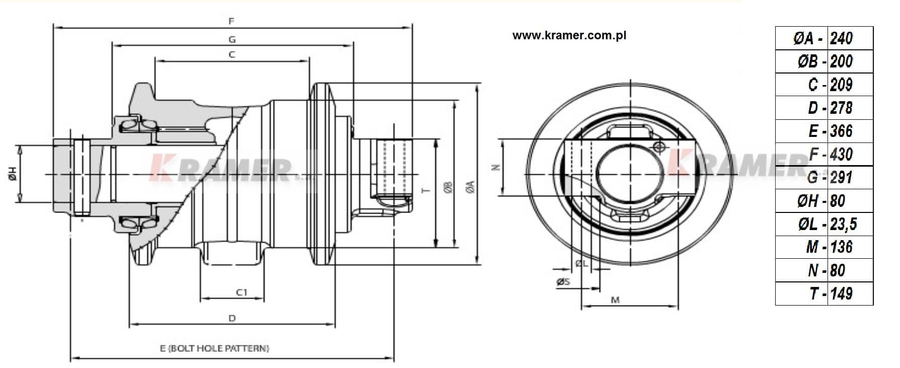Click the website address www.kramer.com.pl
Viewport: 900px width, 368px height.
tap(569, 36)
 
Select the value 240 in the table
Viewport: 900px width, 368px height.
tap(841, 38)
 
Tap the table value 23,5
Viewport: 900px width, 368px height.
tap(843, 224)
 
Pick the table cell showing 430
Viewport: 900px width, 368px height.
tap(841, 154)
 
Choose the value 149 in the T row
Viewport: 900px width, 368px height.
tap(841, 293)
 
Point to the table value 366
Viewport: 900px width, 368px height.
tap(841, 131)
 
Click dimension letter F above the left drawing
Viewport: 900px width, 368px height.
tap(232, 21)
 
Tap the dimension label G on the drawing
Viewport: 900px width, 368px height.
tap(232, 39)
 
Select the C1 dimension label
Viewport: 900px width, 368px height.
tap(242, 292)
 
